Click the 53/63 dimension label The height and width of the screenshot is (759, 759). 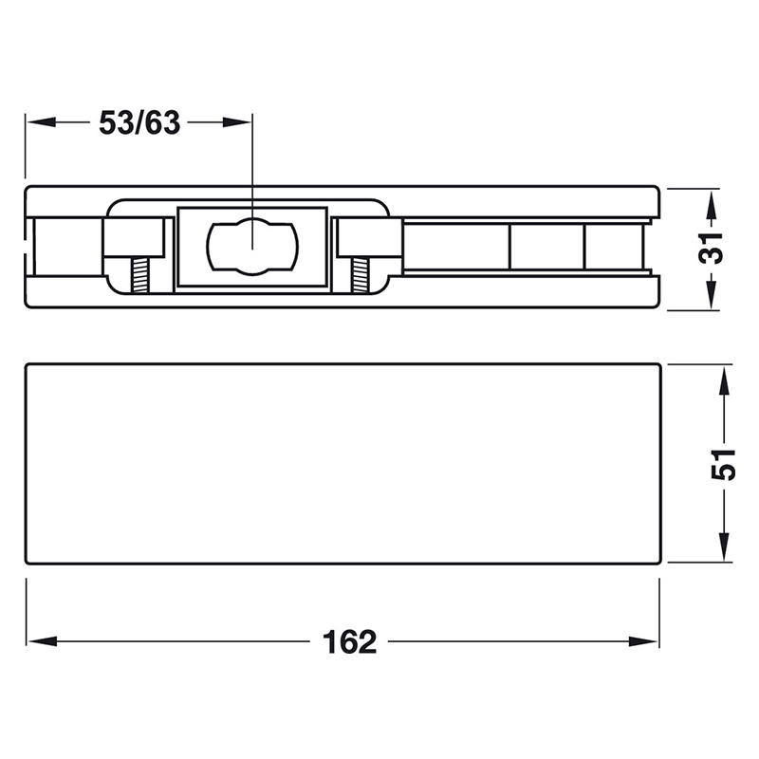[139, 123]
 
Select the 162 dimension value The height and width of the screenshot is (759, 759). [349, 642]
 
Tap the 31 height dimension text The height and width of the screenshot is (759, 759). [711, 248]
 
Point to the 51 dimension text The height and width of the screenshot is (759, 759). [723, 465]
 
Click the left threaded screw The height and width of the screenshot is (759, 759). [139, 275]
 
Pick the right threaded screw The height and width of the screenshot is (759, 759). [359, 275]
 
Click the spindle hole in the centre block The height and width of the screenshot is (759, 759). [252, 247]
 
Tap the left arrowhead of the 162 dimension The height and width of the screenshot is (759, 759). [42, 642]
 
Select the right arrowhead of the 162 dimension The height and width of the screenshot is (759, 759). [643, 642]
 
